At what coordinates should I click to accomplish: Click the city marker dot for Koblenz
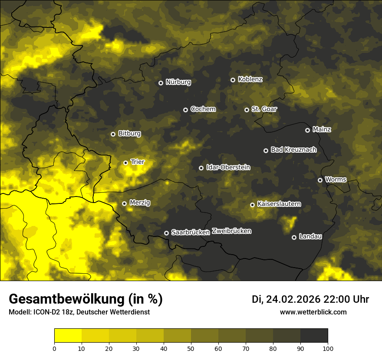(x=233, y=80)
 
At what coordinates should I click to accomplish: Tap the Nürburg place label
(x=178, y=82)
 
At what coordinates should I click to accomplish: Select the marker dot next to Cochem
(x=185, y=110)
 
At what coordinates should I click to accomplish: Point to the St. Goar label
(x=264, y=109)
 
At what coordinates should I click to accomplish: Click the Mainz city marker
(x=307, y=130)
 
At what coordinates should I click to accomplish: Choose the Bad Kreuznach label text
(x=293, y=150)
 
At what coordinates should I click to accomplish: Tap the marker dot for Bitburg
(x=113, y=134)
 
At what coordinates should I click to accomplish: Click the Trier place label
(x=137, y=162)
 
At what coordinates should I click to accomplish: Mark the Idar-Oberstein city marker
(x=201, y=168)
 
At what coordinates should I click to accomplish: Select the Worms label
(x=336, y=179)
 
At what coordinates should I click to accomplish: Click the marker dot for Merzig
(x=124, y=203)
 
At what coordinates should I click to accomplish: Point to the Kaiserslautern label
(x=279, y=204)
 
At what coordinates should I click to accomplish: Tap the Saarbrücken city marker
(x=166, y=233)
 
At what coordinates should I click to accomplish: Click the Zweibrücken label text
(x=231, y=231)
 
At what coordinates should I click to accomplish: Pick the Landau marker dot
(x=294, y=237)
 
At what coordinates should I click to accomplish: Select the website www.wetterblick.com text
(x=313, y=312)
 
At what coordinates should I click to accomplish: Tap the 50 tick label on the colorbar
(x=191, y=348)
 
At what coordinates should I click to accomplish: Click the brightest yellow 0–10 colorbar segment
(x=68, y=336)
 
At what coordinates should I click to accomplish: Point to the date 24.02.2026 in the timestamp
(x=293, y=299)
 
